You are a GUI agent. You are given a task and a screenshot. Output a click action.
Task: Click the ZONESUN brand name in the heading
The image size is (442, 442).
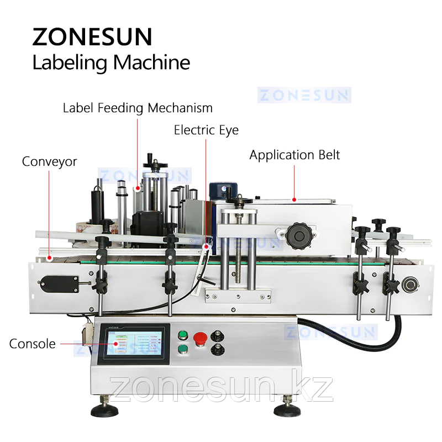click(92, 36)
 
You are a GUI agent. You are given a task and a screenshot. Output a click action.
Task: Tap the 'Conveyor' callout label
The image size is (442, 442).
click(50, 162)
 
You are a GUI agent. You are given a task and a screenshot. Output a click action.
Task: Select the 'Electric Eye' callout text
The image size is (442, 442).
click(206, 130)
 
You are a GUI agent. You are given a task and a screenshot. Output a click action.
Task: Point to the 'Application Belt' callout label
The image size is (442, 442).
click(294, 155)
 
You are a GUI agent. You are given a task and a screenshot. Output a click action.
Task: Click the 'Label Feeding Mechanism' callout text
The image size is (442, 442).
click(138, 107)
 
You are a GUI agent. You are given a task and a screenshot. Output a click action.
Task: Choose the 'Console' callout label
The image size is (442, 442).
click(33, 344)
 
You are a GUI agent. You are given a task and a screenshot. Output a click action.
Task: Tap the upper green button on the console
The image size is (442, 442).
click(182, 335)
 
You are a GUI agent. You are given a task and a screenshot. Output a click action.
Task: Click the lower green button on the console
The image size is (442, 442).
click(182, 349)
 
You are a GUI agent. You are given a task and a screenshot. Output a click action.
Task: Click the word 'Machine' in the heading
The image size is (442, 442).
click(152, 62)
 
